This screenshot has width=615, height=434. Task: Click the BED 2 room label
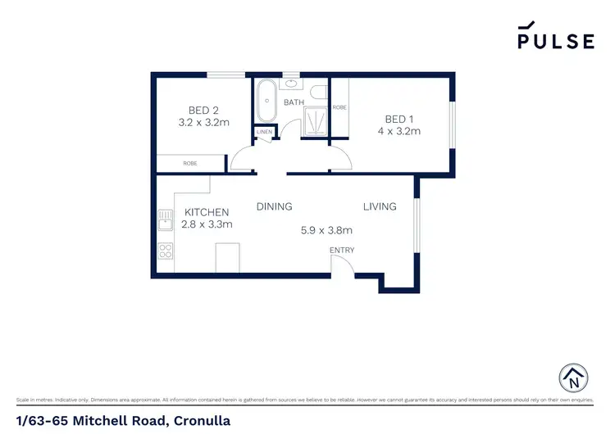tap(203, 110)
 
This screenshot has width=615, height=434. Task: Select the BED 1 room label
tap(399, 118)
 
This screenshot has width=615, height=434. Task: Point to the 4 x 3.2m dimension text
tap(399, 131)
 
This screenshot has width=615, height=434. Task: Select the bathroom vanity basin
tap(292, 84)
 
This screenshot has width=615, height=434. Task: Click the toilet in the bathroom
tap(321, 91)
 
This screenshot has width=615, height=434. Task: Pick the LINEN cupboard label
tap(264, 132)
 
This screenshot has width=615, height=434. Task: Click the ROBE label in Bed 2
tap(189, 164)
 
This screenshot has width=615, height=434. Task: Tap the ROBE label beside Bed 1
tap(339, 108)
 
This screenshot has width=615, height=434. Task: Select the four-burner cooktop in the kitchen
tap(165, 251)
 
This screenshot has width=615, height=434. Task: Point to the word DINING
tap(274, 207)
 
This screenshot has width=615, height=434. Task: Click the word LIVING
tap(380, 207)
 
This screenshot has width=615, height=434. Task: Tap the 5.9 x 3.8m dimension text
tap(326, 231)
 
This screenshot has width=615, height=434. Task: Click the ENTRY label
tap(341, 250)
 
